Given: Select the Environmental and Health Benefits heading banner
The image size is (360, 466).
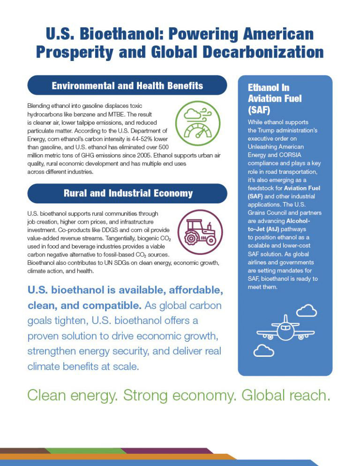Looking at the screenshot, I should (x=127, y=85).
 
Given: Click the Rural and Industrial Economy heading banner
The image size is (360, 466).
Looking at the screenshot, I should (x=127, y=193).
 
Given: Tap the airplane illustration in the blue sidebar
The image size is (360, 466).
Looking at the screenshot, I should (x=285, y=331).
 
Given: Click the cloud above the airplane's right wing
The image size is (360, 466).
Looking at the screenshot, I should (x=307, y=310).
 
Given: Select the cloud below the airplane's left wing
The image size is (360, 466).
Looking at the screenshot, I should (x=263, y=350).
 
